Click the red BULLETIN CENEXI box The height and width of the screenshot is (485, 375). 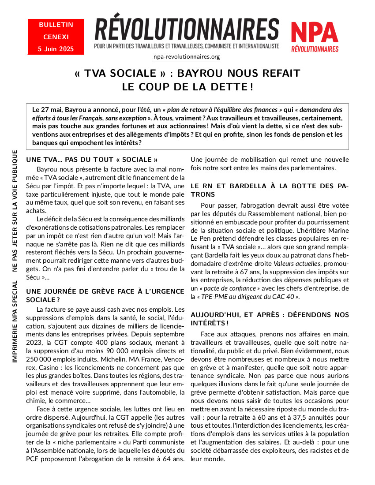click(x=56, y=37)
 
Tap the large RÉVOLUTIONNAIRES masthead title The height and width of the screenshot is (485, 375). click(x=187, y=30)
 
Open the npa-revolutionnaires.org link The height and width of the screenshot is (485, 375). click(x=187, y=57)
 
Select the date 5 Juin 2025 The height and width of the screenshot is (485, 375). click(x=56, y=48)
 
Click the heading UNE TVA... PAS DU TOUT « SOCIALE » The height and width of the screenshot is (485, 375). click(x=92, y=159)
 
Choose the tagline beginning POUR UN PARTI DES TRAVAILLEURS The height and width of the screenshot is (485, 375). click(x=187, y=46)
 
